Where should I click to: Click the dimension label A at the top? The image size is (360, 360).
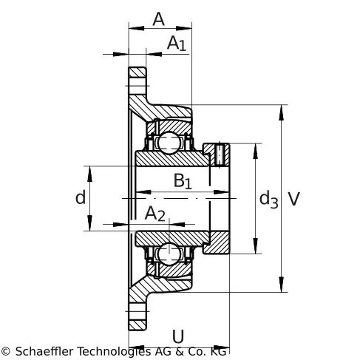pyautogui.click(x=158, y=19)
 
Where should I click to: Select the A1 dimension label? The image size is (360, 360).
pyautogui.click(x=177, y=44)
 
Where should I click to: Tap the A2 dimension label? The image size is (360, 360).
pyautogui.click(x=154, y=214)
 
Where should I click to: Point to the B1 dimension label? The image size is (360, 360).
pyautogui.click(x=183, y=181)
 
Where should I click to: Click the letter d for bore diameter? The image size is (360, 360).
pyautogui.click(x=81, y=197)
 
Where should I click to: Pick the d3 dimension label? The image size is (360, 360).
pyautogui.click(x=268, y=199)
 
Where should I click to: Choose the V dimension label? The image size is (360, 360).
pyautogui.click(x=294, y=199)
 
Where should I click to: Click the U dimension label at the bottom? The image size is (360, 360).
pyautogui.click(x=178, y=336)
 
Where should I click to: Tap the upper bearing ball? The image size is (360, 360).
pyautogui.click(x=169, y=143)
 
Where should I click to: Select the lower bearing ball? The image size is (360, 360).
pyautogui.click(x=169, y=254)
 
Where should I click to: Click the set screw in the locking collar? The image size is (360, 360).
pyautogui.click(x=220, y=155)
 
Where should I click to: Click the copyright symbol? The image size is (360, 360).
pyautogui.click(x=5, y=351)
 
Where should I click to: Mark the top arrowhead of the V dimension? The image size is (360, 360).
pyautogui.click(x=281, y=112)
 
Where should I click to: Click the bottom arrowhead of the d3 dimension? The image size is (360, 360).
pyautogui.click(x=256, y=245)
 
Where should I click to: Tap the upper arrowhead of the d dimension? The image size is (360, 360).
pyautogui.click(x=89, y=174)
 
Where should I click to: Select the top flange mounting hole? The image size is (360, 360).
pyautogui.click(x=137, y=86)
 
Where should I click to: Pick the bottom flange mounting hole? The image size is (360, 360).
pyautogui.click(x=137, y=311)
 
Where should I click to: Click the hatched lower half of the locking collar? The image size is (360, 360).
pyautogui.click(x=217, y=242)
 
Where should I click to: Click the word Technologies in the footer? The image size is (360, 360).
pyautogui.click(x=115, y=351)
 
